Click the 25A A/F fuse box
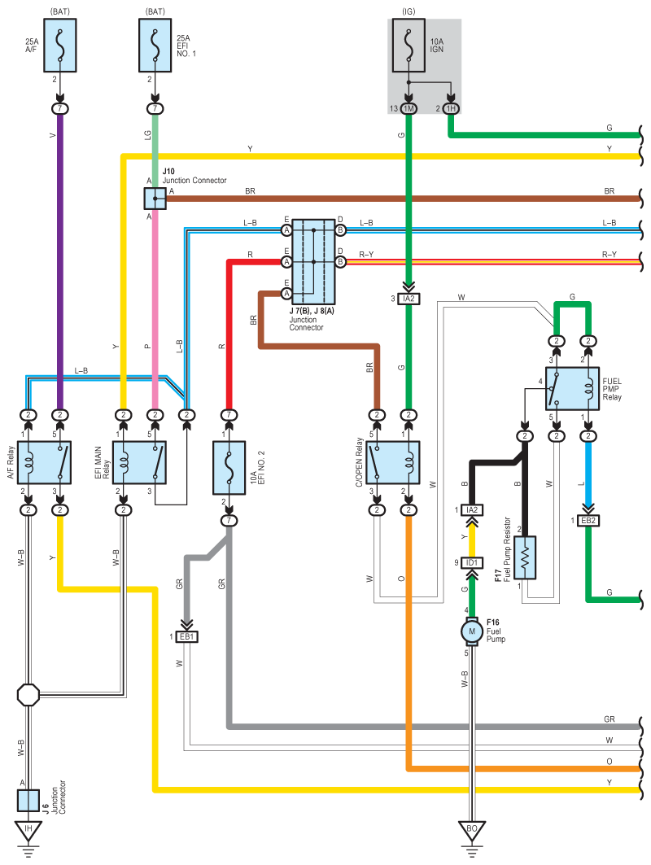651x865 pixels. click(x=59, y=46)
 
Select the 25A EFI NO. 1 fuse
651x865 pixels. click(x=155, y=46)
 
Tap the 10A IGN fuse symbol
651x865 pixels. click(x=409, y=46)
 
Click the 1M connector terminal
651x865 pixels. click(x=409, y=109)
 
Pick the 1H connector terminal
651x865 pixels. click(x=451, y=109)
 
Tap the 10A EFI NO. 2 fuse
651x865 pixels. click(x=229, y=468)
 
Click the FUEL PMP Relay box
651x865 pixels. click(x=572, y=389)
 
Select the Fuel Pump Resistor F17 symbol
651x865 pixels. click(x=525, y=557)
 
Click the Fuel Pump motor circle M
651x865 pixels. click(x=470, y=630)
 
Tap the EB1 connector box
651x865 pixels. click(x=188, y=636)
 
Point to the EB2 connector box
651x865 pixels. click(x=588, y=520)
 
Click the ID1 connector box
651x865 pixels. click(x=470, y=562)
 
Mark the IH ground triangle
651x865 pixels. click(x=28, y=832)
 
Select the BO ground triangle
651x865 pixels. click(x=470, y=832)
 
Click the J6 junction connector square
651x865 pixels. click(x=28, y=799)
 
